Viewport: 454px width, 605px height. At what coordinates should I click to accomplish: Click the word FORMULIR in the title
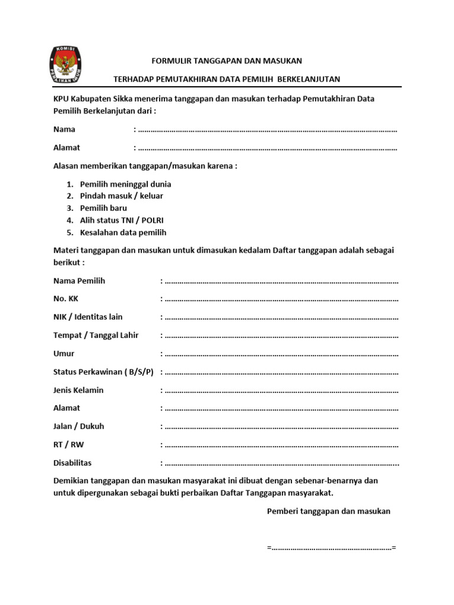pyautogui.click(x=170, y=61)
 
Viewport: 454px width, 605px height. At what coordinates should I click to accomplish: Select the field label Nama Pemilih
pyautogui.click(x=79, y=281)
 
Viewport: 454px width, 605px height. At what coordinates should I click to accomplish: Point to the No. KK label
pyautogui.click(x=66, y=299)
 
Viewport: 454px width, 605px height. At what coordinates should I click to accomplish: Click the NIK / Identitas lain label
pyautogui.click(x=88, y=317)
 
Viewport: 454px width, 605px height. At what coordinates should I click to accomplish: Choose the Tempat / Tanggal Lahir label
pyautogui.click(x=96, y=335)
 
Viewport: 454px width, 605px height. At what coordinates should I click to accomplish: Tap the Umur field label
pyautogui.click(x=64, y=353)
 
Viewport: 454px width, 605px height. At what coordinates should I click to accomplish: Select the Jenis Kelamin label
pyautogui.click(x=79, y=390)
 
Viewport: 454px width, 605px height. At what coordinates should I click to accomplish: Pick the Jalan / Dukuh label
pyautogui.click(x=79, y=426)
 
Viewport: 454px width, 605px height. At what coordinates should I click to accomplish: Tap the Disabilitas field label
pyautogui.click(x=73, y=463)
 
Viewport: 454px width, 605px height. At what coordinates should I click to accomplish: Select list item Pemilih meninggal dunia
pyautogui.click(x=125, y=184)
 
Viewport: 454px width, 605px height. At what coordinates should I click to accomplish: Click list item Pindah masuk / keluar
pyautogui.click(x=121, y=196)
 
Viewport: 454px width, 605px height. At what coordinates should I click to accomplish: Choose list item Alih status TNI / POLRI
pyautogui.click(x=122, y=220)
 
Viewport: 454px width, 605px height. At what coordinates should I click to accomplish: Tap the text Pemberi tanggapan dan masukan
pyautogui.click(x=329, y=511)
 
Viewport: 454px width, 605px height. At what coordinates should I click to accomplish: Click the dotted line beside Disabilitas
pyautogui.click(x=281, y=463)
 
